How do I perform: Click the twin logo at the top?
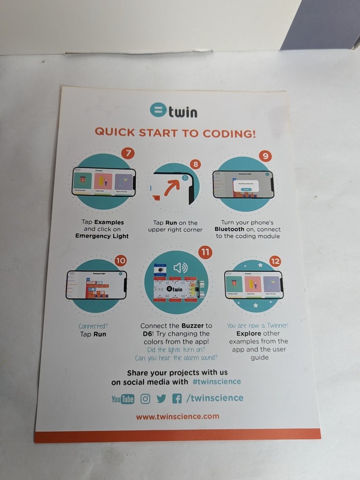click(x=173, y=111)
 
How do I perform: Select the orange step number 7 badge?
click(x=127, y=154)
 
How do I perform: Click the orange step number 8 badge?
click(x=195, y=164)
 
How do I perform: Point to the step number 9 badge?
click(x=264, y=156)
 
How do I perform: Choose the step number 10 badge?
click(x=121, y=261)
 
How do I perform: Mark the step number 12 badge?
click(x=275, y=262)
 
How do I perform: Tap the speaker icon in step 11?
click(x=180, y=268)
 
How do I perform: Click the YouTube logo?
click(x=123, y=399)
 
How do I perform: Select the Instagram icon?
click(x=145, y=398)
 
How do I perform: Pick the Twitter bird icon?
click(x=161, y=398)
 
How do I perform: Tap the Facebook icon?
click(x=177, y=398)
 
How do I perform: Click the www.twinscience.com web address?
click(x=178, y=417)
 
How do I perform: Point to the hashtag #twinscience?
click(x=216, y=382)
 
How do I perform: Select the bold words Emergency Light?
click(x=102, y=236)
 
